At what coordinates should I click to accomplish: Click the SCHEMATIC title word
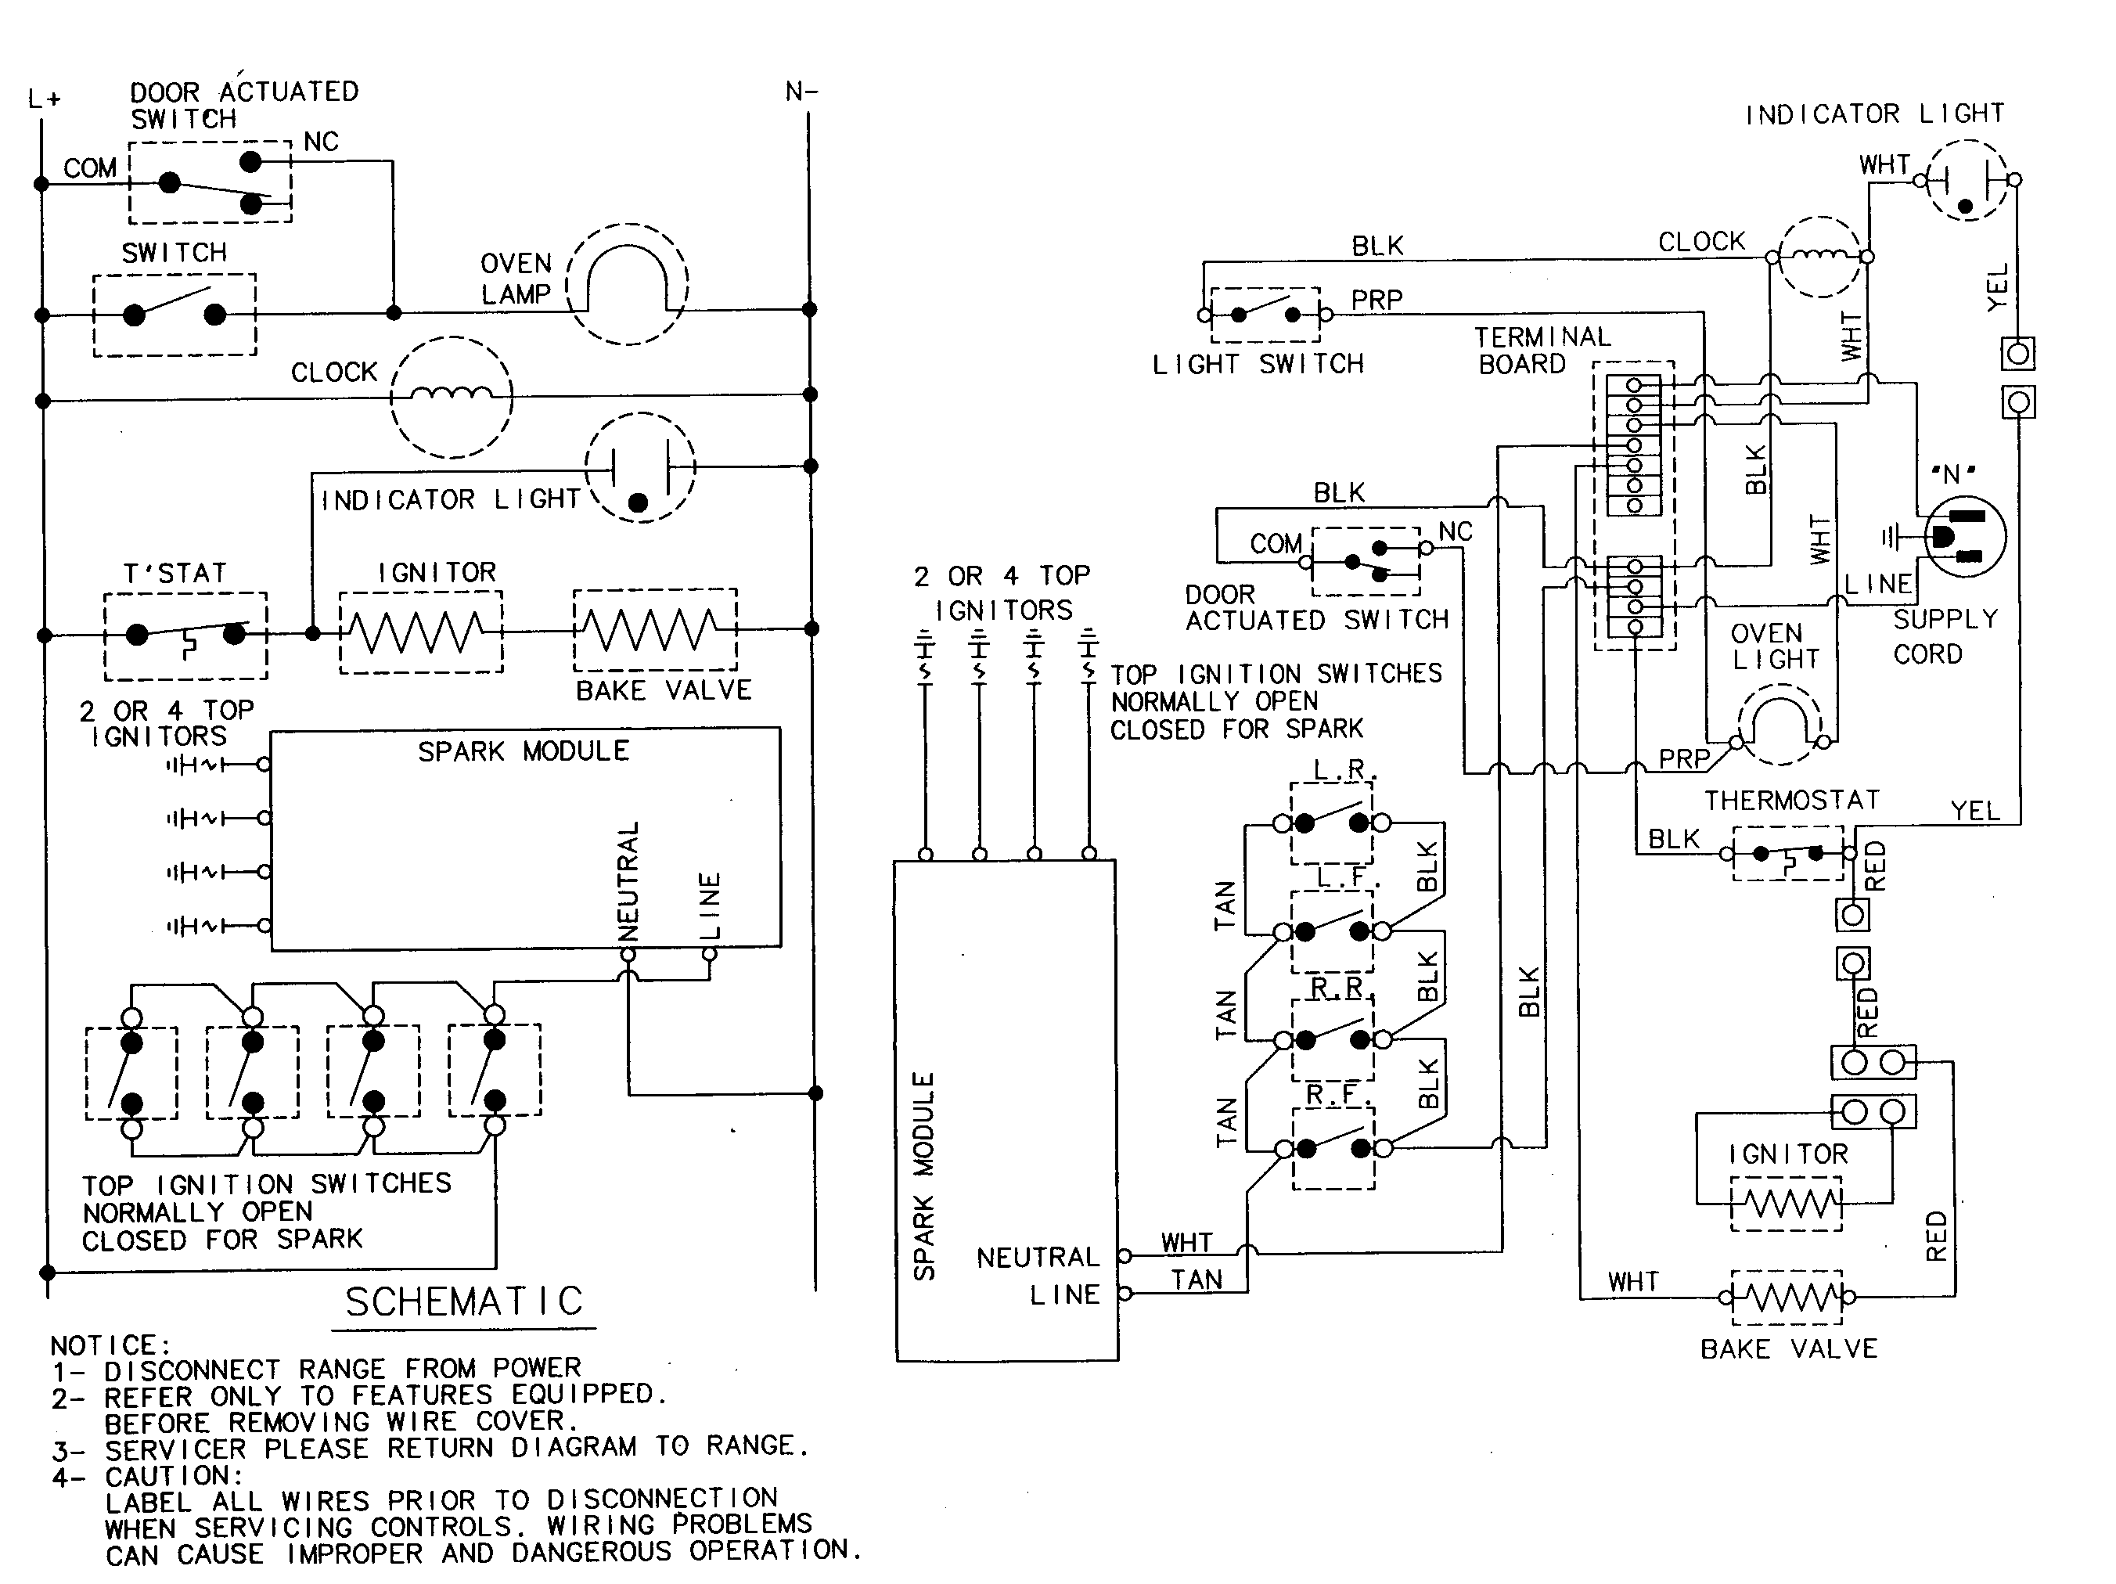464,1301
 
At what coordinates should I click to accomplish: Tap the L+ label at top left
44,99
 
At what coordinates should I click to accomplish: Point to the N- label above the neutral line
801,92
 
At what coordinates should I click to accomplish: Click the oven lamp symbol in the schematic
628,284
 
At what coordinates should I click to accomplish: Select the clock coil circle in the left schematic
452,396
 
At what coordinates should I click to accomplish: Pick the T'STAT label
176,573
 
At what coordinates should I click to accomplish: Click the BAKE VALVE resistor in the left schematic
654,629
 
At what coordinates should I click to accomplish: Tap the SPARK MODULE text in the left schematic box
524,752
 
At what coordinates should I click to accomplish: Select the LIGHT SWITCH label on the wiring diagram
1258,365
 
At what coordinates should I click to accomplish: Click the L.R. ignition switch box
1332,823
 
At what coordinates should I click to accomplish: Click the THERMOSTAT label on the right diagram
1790,801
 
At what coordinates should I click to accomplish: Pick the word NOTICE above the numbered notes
110,1346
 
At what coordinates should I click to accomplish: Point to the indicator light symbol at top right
1966,181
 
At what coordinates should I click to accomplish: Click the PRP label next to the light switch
1376,301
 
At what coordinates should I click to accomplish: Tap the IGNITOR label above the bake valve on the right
1788,1154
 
